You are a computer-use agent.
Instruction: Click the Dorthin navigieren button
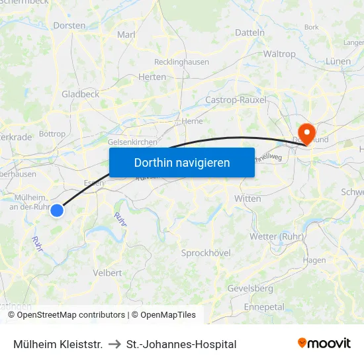click(182, 162)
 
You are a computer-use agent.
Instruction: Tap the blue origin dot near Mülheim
click(57, 210)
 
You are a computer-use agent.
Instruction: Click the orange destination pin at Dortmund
click(306, 133)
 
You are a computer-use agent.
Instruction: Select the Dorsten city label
click(69, 26)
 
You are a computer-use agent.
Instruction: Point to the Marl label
click(126, 34)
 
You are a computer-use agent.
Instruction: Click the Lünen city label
click(338, 62)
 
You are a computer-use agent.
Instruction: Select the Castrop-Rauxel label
click(236, 100)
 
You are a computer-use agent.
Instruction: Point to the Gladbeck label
click(80, 95)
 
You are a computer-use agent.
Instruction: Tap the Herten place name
click(152, 77)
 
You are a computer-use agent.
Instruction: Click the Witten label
click(248, 199)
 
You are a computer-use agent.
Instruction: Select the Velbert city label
click(107, 273)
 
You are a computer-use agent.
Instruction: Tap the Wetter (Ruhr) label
click(277, 237)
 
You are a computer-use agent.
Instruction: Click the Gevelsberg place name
click(250, 289)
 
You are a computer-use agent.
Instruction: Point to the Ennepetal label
click(264, 307)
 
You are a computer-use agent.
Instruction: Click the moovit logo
click(324, 343)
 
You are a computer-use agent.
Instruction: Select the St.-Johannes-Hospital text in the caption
click(181, 344)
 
